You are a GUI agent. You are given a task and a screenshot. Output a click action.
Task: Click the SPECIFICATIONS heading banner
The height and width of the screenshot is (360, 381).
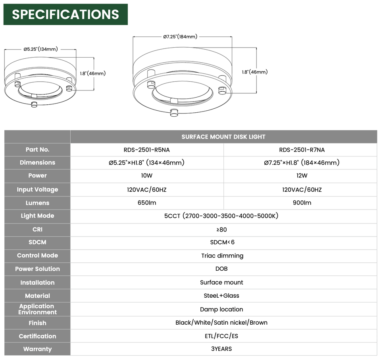click(65, 14)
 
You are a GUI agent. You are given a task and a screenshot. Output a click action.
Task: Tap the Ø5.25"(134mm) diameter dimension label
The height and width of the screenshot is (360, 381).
click(40, 49)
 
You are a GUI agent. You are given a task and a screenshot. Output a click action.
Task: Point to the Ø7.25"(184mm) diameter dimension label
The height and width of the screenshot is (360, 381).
click(180, 37)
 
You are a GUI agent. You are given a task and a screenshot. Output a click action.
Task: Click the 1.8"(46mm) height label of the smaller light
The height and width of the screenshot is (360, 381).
click(93, 73)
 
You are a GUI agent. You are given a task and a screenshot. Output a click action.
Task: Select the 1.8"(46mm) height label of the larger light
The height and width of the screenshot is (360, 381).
click(255, 72)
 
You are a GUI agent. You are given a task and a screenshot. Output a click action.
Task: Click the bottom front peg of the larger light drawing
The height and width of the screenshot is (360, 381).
click(174, 113)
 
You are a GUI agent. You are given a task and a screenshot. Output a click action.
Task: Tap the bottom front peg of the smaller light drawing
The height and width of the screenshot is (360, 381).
click(34, 104)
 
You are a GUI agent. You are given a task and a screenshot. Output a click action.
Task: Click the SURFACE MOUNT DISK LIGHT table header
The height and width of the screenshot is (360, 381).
click(223, 137)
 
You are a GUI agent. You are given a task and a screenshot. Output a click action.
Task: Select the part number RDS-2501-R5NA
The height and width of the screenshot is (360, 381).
click(147, 150)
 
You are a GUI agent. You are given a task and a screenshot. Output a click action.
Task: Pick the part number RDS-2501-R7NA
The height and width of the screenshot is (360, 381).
click(302, 150)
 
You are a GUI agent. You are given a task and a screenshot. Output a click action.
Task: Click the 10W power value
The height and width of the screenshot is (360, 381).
click(147, 175)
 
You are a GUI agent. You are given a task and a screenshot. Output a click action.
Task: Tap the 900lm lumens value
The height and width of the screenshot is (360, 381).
click(302, 203)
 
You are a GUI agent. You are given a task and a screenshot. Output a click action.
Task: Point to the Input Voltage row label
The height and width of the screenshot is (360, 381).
click(37, 190)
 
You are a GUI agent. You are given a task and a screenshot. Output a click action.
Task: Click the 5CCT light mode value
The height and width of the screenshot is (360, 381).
click(221, 216)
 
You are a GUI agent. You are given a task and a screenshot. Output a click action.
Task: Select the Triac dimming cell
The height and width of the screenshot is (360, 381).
click(222, 256)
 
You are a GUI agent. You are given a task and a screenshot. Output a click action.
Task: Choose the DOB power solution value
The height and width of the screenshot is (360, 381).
click(221, 269)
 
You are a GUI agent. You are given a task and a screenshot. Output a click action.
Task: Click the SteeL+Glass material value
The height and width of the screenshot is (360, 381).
click(221, 296)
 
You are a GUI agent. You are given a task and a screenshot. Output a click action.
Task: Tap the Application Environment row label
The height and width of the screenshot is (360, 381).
click(37, 309)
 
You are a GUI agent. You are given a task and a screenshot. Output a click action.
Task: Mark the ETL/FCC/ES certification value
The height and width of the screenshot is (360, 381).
click(221, 336)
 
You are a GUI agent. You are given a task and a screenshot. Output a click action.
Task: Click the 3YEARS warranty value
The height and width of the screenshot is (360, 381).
click(221, 349)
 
